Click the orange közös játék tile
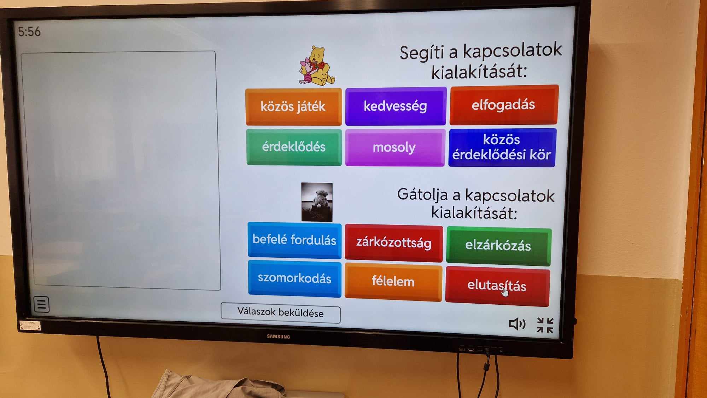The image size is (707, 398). pyautogui.click(x=293, y=106)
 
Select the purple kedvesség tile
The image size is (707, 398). pyautogui.click(x=396, y=106)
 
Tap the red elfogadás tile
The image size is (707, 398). pyautogui.click(x=504, y=105)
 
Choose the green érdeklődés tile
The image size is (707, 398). pyautogui.click(x=294, y=147)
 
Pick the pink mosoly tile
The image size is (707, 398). pyautogui.click(x=395, y=147)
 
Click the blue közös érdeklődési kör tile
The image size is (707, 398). pyautogui.click(x=502, y=147)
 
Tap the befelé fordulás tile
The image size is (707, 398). pyautogui.click(x=294, y=240)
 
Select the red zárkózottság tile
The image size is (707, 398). pyautogui.click(x=393, y=243)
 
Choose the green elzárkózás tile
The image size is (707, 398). pyautogui.click(x=498, y=246)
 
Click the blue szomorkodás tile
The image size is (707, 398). pyautogui.click(x=294, y=279)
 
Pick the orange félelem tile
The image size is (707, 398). pyautogui.click(x=393, y=282)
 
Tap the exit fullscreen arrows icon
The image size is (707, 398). pyautogui.click(x=545, y=325)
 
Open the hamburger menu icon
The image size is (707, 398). pyautogui.click(x=41, y=304)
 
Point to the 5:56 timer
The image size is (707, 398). pyautogui.click(x=29, y=31)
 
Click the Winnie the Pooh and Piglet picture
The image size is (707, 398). pyautogui.click(x=317, y=66)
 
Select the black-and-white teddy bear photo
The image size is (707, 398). pyautogui.click(x=317, y=202)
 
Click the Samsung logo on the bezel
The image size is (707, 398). pyautogui.click(x=279, y=336)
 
